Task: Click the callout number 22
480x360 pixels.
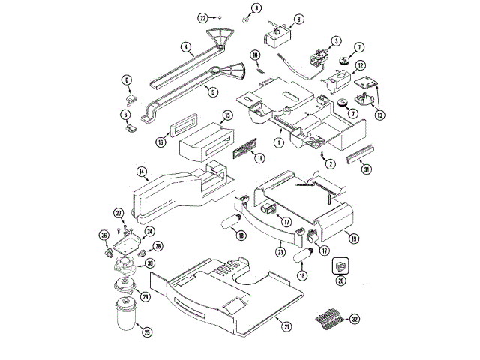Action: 203,16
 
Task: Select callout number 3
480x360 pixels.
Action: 336,40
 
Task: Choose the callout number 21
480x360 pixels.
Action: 286,326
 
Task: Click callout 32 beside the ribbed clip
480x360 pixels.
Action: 355,319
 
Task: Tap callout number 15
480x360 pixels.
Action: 227,115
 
